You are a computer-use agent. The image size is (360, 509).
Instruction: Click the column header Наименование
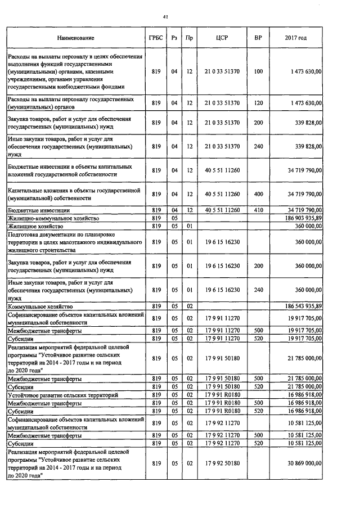75,38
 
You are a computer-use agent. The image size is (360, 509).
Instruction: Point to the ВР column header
258,38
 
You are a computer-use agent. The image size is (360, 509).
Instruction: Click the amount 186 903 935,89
301,217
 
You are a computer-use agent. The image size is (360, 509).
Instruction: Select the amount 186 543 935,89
301,306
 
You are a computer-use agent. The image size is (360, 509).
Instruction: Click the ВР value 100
258,72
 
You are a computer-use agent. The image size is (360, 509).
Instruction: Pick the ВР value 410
258,210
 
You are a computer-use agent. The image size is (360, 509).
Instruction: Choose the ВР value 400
258,194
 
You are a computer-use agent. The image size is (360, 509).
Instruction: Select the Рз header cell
174,38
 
